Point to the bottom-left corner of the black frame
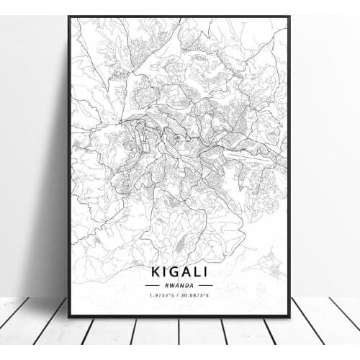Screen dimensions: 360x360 68,317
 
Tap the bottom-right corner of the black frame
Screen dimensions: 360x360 289,317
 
